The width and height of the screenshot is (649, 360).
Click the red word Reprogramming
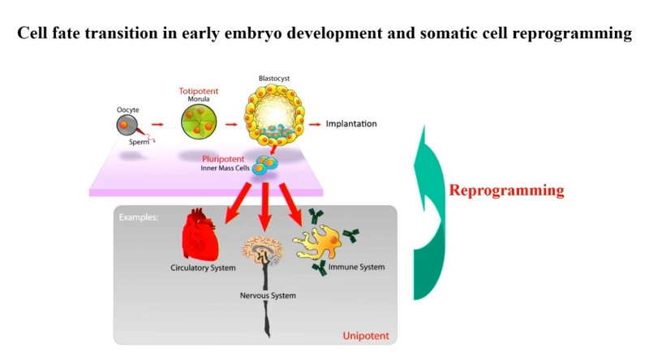pos(506,191)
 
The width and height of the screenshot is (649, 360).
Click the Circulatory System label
pos(203,268)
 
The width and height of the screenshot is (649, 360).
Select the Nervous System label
pos(269,296)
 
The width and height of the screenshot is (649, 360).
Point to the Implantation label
pos(351,124)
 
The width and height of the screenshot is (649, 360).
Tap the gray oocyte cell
pos(126,124)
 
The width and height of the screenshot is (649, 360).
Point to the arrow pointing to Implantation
pos(313,124)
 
